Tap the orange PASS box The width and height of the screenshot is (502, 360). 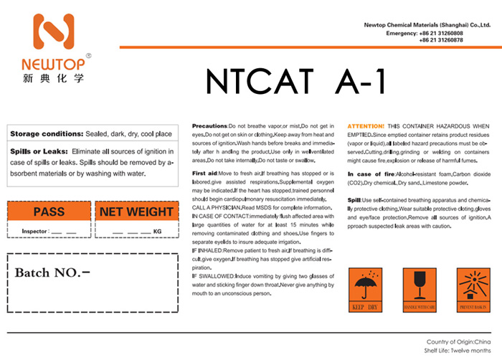tap(49, 212)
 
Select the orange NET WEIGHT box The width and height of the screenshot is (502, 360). tap(136, 212)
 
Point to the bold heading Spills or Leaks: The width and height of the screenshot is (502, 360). tap(39, 152)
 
